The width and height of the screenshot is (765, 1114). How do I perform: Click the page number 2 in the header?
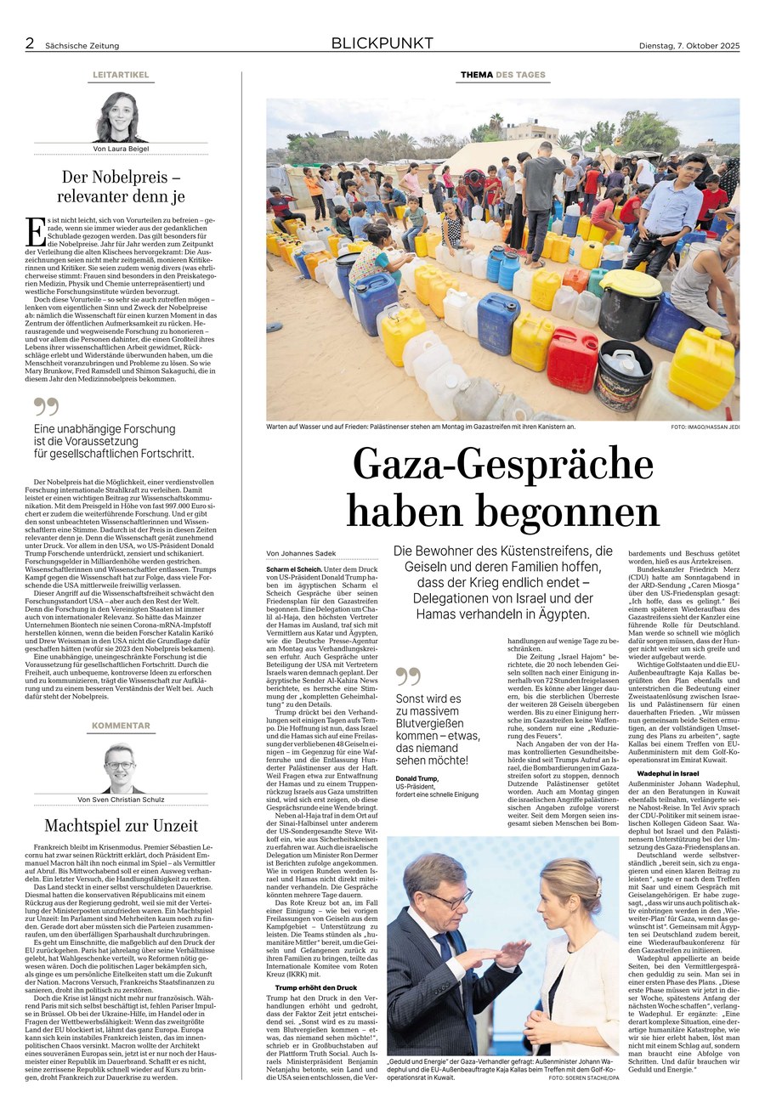(30, 43)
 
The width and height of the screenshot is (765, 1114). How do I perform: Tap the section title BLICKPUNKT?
(382, 43)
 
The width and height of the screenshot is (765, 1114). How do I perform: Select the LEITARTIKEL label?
(121, 75)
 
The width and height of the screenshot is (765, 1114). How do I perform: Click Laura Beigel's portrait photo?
(121, 117)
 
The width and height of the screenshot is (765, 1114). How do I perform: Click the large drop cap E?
(36, 232)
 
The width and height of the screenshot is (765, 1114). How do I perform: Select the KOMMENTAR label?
(121, 726)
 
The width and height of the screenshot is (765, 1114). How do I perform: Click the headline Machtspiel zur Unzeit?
(121, 825)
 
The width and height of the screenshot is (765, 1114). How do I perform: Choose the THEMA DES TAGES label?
(503, 75)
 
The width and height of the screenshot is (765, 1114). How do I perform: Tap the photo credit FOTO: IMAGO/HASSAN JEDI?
(705, 427)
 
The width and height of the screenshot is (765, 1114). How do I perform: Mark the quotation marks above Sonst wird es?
(408, 676)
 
